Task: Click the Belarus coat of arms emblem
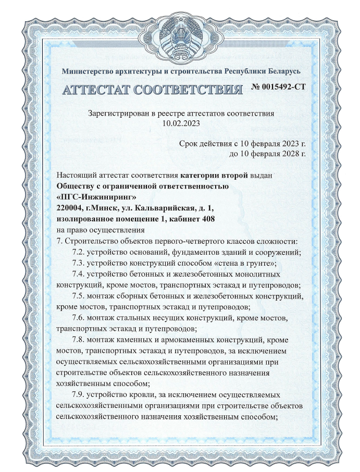point(180,36)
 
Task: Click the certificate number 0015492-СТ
point(279,87)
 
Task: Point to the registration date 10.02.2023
point(181,123)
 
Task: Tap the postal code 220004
point(70,207)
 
